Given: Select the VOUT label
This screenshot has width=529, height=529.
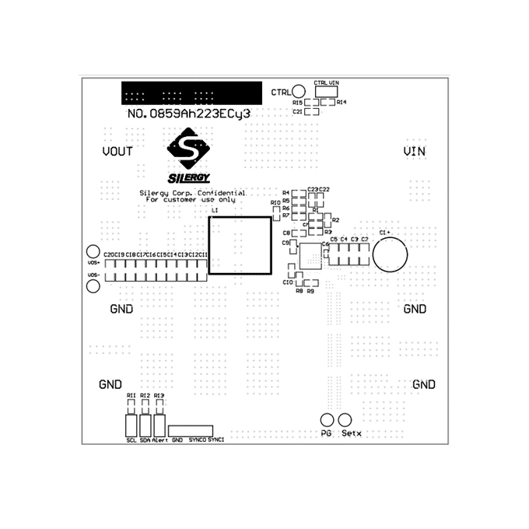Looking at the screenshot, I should [117, 151].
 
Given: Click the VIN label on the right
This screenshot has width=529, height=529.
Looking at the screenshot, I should [415, 151].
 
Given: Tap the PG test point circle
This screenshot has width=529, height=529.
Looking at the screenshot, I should [327, 419].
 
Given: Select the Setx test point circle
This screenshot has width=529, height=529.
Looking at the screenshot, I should [343, 419].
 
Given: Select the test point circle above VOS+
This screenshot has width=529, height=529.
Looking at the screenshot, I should [93, 252].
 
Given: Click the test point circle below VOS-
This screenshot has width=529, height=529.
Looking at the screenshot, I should [93, 288].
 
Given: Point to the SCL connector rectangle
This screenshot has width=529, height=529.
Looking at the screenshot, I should [131, 425].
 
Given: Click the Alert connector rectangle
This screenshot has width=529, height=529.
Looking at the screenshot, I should [159, 425].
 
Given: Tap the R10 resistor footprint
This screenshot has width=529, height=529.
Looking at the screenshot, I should [275, 213].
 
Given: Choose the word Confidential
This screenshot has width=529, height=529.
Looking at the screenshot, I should [222, 193].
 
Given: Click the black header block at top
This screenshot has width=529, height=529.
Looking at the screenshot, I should [190, 93].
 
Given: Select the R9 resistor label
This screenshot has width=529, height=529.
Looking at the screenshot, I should [310, 291].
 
